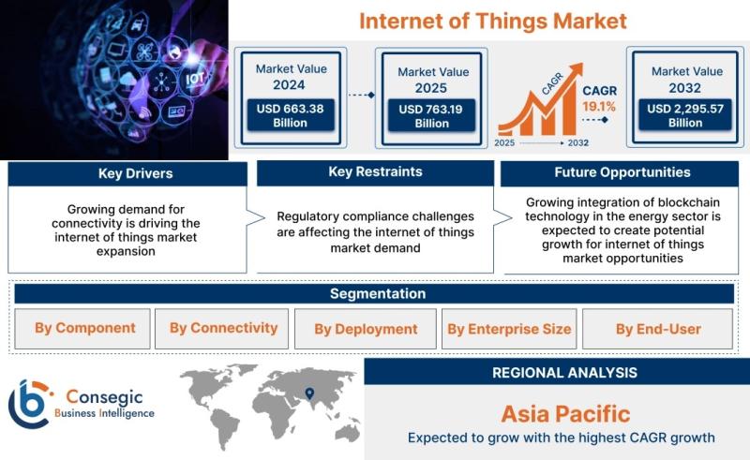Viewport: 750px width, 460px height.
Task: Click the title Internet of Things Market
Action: [x=493, y=21]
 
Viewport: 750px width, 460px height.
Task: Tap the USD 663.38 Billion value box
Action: [x=291, y=115]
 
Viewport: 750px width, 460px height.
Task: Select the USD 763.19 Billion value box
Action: [x=431, y=116]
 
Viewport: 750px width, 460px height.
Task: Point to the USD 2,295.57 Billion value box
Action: [x=685, y=115]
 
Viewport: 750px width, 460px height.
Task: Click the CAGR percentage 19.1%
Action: [x=599, y=107]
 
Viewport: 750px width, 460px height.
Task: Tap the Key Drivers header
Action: [x=127, y=173]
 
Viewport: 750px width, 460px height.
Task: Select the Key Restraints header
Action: [x=376, y=172]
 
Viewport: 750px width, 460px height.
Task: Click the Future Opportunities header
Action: [x=620, y=173]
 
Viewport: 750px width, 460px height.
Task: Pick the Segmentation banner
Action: [x=374, y=293]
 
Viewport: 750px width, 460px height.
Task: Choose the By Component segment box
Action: [x=82, y=329]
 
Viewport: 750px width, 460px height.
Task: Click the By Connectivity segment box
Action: [x=221, y=329]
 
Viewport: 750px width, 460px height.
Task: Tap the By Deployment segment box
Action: [x=366, y=329]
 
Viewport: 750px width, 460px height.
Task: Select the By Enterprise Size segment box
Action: [x=509, y=329]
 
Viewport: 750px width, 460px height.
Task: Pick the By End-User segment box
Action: [x=658, y=329]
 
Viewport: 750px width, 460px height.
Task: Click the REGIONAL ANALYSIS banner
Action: [x=557, y=372]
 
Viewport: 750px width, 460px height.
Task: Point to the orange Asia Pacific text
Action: [x=565, y=414]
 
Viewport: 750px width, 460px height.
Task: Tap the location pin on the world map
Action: [x=309, y=393]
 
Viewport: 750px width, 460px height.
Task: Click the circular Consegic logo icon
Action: [x=29, y=404]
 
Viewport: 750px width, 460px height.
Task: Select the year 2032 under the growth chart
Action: [x=577, y=142]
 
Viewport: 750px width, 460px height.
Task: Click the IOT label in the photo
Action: [x=195, y=78]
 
